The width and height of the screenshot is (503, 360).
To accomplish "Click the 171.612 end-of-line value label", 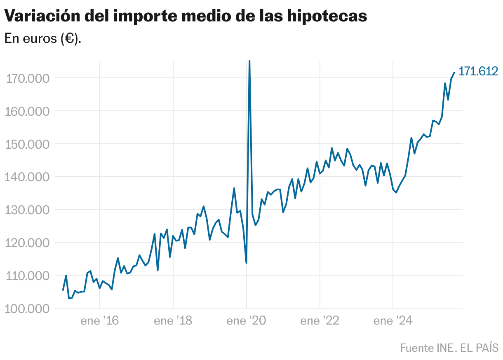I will click(x=478, y=71).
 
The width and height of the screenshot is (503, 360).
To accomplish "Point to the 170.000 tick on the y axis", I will click(x=27, y=78).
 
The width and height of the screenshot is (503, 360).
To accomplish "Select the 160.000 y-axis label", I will click(x=27, y=111).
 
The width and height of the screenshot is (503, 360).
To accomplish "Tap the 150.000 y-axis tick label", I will click(x=27, y=144).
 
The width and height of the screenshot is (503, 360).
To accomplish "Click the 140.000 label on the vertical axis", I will click(x=27, y=177).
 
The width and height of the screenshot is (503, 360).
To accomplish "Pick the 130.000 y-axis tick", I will click(x=27, y=210).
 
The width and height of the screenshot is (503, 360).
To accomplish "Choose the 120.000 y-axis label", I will click(x=27, y=243).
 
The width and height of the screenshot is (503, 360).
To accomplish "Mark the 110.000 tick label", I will click(x=27, y=276).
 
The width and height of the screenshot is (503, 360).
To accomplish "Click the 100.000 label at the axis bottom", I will click(x=27, y=309).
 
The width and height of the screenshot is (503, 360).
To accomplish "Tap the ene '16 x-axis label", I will click(x=100, y=321).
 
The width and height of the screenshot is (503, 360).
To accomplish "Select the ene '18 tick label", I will click(x=173, y=321).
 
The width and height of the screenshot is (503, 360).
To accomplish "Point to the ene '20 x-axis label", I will click(x=246, y=321).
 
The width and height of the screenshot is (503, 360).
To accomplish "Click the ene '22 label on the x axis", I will click(x=320, y=321).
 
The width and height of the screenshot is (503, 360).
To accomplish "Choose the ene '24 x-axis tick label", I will click(x=393, y=321).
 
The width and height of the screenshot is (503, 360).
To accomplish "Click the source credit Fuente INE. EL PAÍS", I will click(x=449, y=348).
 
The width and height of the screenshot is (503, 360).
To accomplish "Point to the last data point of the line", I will click(x=454, y=72).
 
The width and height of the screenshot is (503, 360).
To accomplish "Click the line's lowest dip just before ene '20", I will click(x=246, y=263).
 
